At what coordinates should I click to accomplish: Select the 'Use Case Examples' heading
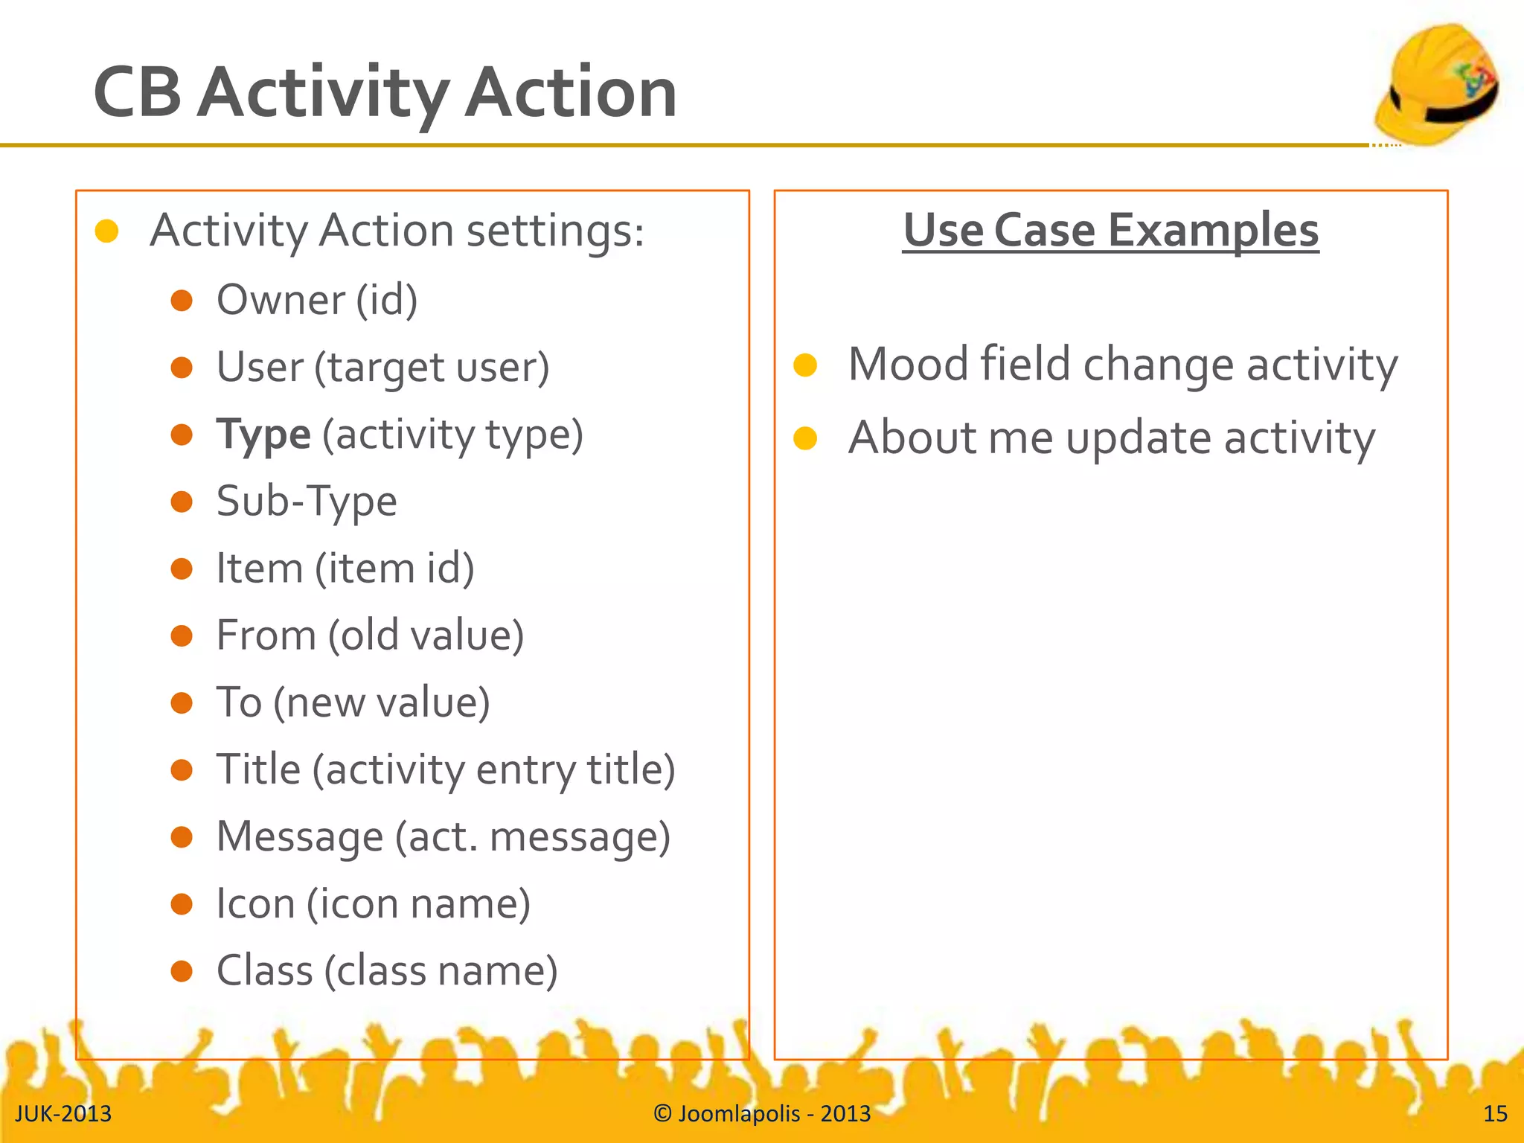click(x=1110, y=230)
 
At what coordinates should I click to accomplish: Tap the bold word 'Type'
click(x=263, y=435)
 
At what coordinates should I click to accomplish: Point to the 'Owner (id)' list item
click(x=317, y=300)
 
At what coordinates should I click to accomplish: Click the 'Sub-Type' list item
click(x=307, y=501)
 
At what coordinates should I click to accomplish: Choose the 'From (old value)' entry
click(x=370, y=635)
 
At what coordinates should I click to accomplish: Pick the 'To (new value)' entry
click(x=353, y=702)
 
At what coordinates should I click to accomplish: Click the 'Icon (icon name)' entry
click(x=373, y=903)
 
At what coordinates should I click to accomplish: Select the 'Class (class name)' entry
click(x=387, y=970)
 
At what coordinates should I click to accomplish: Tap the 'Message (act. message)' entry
click(x=444, y=836)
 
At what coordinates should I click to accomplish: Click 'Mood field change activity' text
click(x=1122, y=365)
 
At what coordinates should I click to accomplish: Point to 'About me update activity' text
click(x=1111, y=438)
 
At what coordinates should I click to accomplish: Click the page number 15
click(x=1495, y=1114)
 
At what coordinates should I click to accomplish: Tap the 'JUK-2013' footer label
click(x=63, y=1114)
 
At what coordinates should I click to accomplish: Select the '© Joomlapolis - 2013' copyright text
click(x=762, y=1114)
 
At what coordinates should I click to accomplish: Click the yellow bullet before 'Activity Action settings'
click(x=107, y=231)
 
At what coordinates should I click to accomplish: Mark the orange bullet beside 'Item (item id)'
click(x=182, y=569)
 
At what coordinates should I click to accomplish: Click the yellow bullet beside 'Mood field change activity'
click(x=805, y=365)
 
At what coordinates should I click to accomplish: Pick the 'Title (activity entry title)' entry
click(x=446, y=769)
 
